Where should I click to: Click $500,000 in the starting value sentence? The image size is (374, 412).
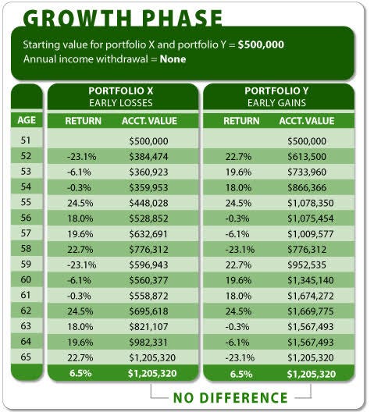coord(258,44)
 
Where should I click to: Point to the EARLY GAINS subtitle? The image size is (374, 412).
coord(278,103)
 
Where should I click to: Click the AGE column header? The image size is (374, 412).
coord(26,121)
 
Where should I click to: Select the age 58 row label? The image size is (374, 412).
coord(26,248)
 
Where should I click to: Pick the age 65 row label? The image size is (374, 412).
coord(26,358)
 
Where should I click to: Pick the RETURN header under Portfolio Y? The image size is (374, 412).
coord(241,121)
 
